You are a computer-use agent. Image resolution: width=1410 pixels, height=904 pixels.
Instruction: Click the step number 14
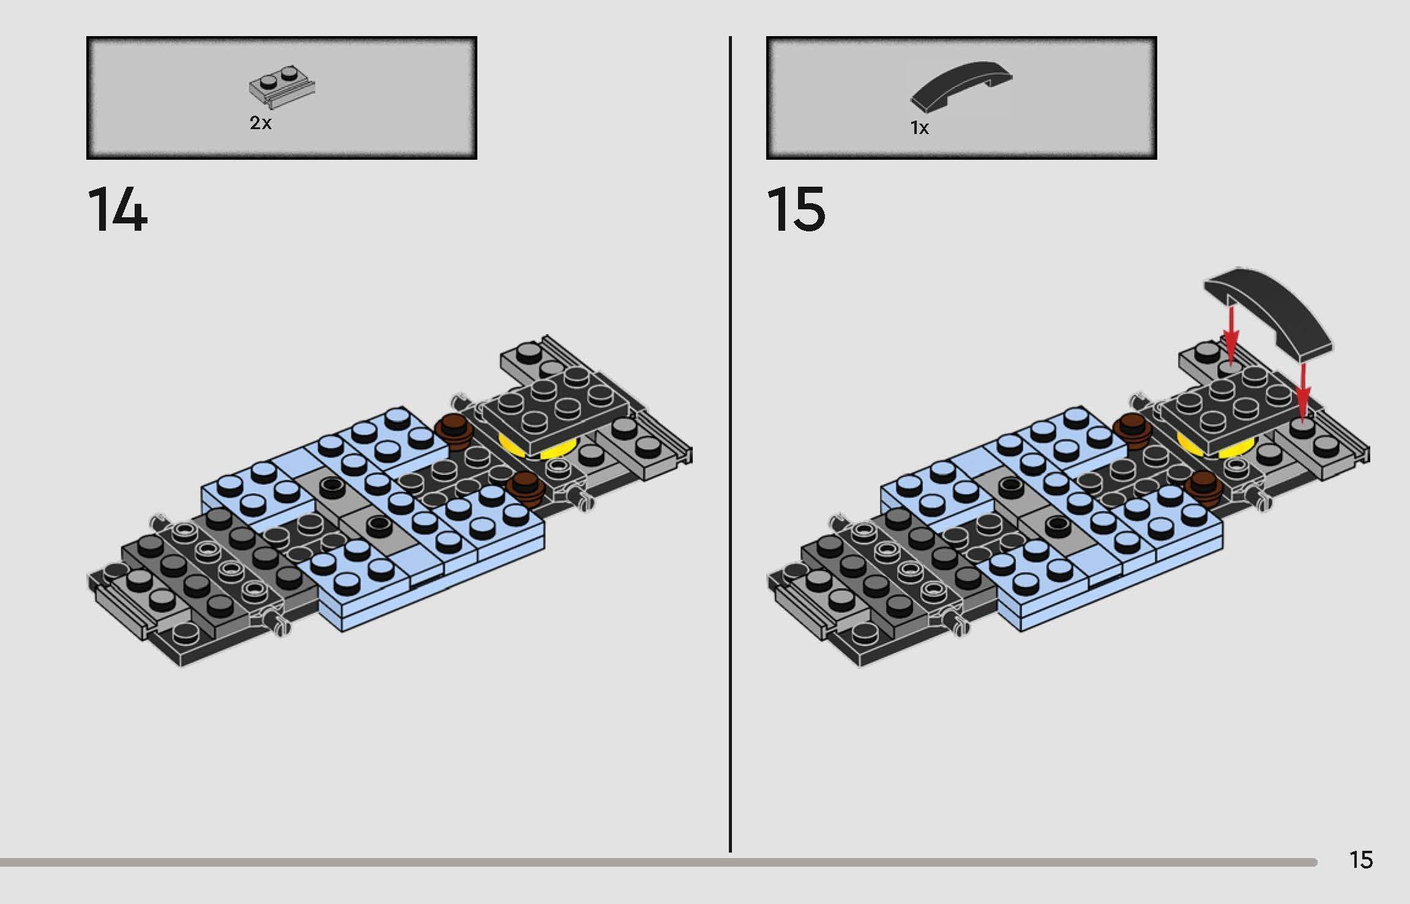[117, 210]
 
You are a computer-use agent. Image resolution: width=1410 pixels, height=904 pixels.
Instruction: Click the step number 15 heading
[796, 210]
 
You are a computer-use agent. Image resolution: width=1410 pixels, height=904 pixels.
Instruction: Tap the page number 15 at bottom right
[1361, 860]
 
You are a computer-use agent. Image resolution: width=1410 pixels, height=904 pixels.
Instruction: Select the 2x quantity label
[260, 123]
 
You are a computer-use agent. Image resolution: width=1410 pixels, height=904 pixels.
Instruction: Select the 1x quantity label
[919, 128]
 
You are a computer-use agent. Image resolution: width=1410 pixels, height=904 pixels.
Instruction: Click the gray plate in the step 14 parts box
[282, 88]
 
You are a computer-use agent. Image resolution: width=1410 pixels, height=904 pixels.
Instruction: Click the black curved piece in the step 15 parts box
[961, 86]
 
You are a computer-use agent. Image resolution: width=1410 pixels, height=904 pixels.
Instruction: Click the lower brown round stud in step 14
[526, 488]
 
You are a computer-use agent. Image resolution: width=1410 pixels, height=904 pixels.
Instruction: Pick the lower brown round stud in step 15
[1204, 488]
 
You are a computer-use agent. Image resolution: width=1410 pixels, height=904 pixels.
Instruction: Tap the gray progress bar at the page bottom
[658, 862]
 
